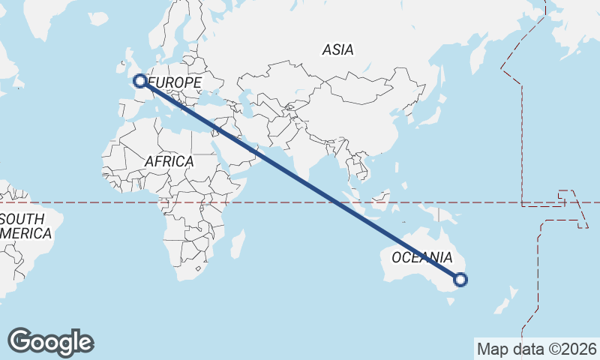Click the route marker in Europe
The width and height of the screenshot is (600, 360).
(x=139, y=80)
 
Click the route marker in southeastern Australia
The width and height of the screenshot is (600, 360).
(x=460, y=280)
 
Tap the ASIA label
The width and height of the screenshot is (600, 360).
(x=337, y=50)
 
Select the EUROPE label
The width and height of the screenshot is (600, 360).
(x=176, y=82)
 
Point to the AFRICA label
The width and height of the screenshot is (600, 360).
(x=169, y=161)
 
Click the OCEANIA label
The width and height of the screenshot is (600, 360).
(x=422, y=257)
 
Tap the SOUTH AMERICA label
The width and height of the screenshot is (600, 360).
(x=25, y=226)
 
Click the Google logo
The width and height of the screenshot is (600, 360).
(x=51, y=342)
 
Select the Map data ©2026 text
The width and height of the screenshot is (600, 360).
(x=537, y=349)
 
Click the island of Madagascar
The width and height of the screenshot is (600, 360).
(x=238, y=244)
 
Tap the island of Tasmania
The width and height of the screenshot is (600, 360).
(x=451, y=301)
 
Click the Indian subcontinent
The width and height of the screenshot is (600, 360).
(x=307, y=157)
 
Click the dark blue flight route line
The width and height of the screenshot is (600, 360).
(x=300, y=180)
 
